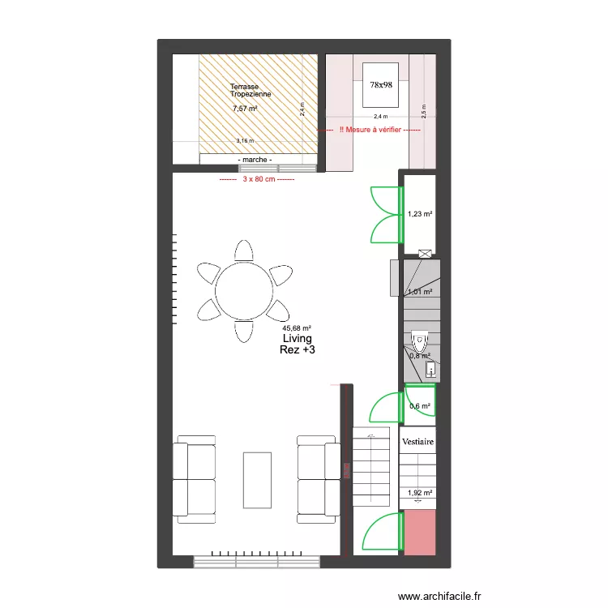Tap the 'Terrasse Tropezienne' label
tap(250, 91)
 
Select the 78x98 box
tap(380, 83)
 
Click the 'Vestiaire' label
tap(418, 442)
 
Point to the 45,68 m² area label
tap(297, 328)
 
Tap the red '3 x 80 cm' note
tap(257, 179)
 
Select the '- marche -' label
tap(255, 160)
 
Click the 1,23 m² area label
tap(420, 214)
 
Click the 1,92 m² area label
tap(420, 492)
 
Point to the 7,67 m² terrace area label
tap(244, 109)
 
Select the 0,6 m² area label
tap(419, 406)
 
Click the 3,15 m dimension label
tap(244, 141)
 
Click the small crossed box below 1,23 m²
tap(423, 252)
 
